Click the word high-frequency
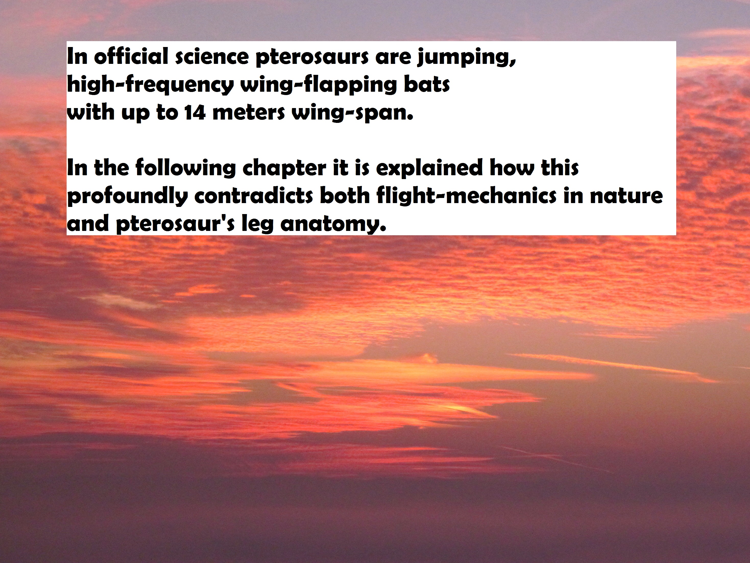tap(150, 85)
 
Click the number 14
tap(195, 113)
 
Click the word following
tap(186, 169)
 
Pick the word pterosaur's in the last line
tap(175, 224)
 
